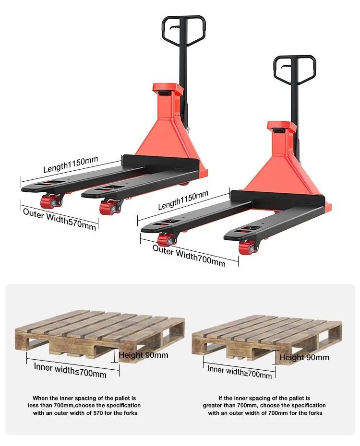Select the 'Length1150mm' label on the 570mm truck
tap(71, 164)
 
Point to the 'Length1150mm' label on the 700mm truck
tap(183, 200)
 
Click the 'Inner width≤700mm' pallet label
tap(70, 370)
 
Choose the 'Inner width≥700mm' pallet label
tap(240, 372)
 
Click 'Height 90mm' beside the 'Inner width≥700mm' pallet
tap(304, 357)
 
